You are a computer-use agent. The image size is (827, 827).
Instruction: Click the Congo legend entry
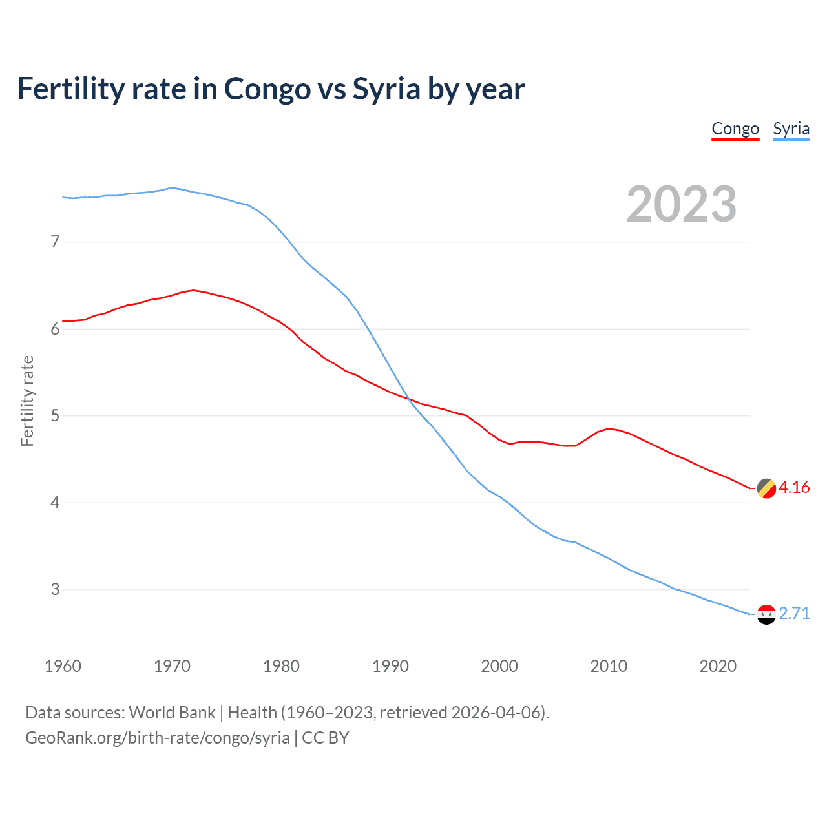(x=735, y=129)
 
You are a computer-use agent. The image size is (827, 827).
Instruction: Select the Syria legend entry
(x=791, y=129)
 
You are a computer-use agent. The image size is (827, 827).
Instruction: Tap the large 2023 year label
(x=681, y=204)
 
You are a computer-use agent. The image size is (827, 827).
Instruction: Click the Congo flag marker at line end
(x=766, y=488)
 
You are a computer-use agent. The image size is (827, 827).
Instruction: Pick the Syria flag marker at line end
(x=766, y=614)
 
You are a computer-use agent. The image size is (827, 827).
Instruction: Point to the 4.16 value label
(x=794, y=488)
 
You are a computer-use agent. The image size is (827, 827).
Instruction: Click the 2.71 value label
(x=794, y=613)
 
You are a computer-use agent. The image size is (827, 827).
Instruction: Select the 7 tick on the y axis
(x=55, y=242)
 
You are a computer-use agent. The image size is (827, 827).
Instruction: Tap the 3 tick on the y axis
(x=55, y=590)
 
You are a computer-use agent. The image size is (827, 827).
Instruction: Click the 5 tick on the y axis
(x=55, y=416)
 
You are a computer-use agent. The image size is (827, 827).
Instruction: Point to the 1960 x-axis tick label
(x=63, y=666)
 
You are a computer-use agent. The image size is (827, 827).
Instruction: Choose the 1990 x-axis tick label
(x=390, y=666)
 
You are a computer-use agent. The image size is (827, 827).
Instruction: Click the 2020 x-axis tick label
(x=718, y=666)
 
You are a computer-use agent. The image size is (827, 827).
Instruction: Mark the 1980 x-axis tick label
(x=281, y=666)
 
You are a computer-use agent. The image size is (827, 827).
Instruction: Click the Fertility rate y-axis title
(x=27, y=401)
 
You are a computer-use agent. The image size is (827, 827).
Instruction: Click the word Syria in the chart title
(x=386, y=89)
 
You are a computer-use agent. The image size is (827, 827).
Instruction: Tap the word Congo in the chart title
(x=267, y=89)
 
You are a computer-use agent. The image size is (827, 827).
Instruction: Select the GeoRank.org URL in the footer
(x=157, y=738)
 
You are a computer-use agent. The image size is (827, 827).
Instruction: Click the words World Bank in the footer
(x=172, y=713)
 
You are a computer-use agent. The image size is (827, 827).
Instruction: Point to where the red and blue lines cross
(x=408, y=399)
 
